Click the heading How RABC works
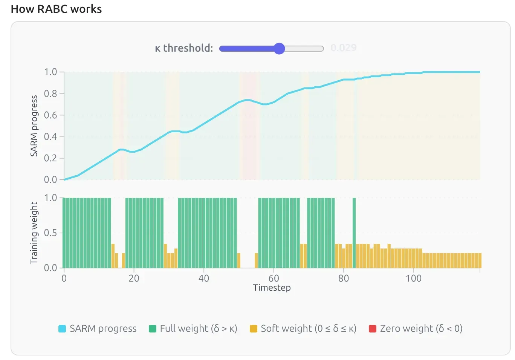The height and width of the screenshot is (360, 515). coord(56,9)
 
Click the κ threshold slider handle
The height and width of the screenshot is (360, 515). coord(279,48)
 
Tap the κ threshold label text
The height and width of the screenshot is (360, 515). coord(184,48)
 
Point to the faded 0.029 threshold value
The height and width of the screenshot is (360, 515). coord(343,48)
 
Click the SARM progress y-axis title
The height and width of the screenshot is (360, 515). coord(34,126)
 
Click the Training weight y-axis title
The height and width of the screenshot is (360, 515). coord(34,233)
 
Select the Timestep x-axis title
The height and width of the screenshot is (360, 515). coord(272,288)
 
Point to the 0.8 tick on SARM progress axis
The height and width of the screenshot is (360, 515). coord(50,93)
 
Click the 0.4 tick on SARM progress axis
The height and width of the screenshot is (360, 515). coord(50,136)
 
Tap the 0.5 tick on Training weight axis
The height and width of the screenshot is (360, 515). coord(50,233)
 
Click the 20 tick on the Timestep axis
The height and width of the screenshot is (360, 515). coord(134,279)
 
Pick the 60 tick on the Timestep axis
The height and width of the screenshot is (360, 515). coord(274,279)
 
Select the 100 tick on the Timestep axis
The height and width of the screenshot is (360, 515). coord(413,279)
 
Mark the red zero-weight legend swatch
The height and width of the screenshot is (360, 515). coord(373,329)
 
